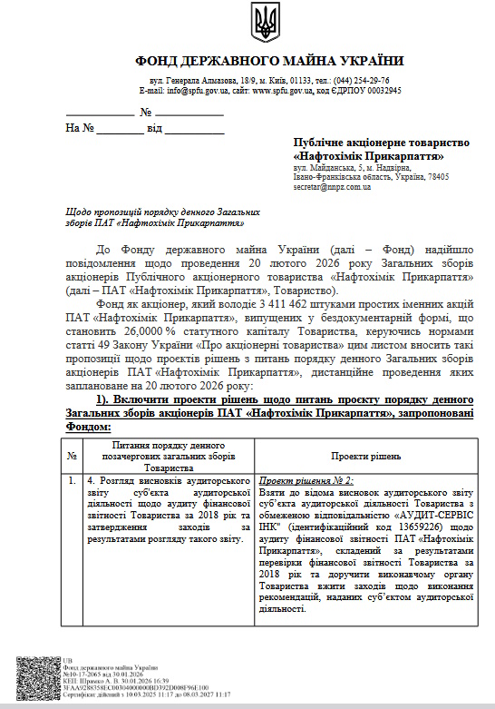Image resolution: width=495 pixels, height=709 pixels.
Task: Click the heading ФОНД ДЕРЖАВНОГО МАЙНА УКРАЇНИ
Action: [x=269, y=61]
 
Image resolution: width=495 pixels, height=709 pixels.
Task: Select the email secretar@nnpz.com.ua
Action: [x=332, y=186]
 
